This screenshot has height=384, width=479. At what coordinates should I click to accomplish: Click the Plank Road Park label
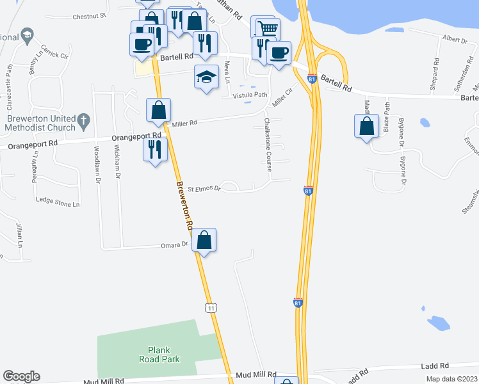click(162, 355)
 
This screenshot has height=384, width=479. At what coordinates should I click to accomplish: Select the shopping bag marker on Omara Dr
click(204, 241)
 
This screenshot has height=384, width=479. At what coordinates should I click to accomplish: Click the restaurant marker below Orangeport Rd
click(154, 149)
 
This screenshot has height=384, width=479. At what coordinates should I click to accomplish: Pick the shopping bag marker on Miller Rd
click(158, 109)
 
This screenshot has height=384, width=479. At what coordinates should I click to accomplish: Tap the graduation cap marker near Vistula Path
click(206, 77)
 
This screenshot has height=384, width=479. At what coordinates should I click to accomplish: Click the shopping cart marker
click(268, 28)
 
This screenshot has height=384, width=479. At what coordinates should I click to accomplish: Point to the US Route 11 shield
click(211, 308)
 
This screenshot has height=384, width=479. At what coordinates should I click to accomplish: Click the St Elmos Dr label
click(204, 189)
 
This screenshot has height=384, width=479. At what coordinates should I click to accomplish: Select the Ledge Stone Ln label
click(58, 202)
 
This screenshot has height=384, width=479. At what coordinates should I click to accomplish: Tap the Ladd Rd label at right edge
click(433, 366)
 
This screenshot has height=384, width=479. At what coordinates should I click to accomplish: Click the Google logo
click(21, 376)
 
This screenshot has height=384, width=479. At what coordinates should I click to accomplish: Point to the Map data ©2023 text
click(451, 379)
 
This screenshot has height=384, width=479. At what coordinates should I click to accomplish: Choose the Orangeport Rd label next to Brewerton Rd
click(136, 136)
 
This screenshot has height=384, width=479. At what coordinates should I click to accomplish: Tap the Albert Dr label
click(455, 40)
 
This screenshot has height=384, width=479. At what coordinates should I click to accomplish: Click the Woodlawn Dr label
click(97, 166)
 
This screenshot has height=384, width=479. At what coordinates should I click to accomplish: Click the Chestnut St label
click(89, 15)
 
